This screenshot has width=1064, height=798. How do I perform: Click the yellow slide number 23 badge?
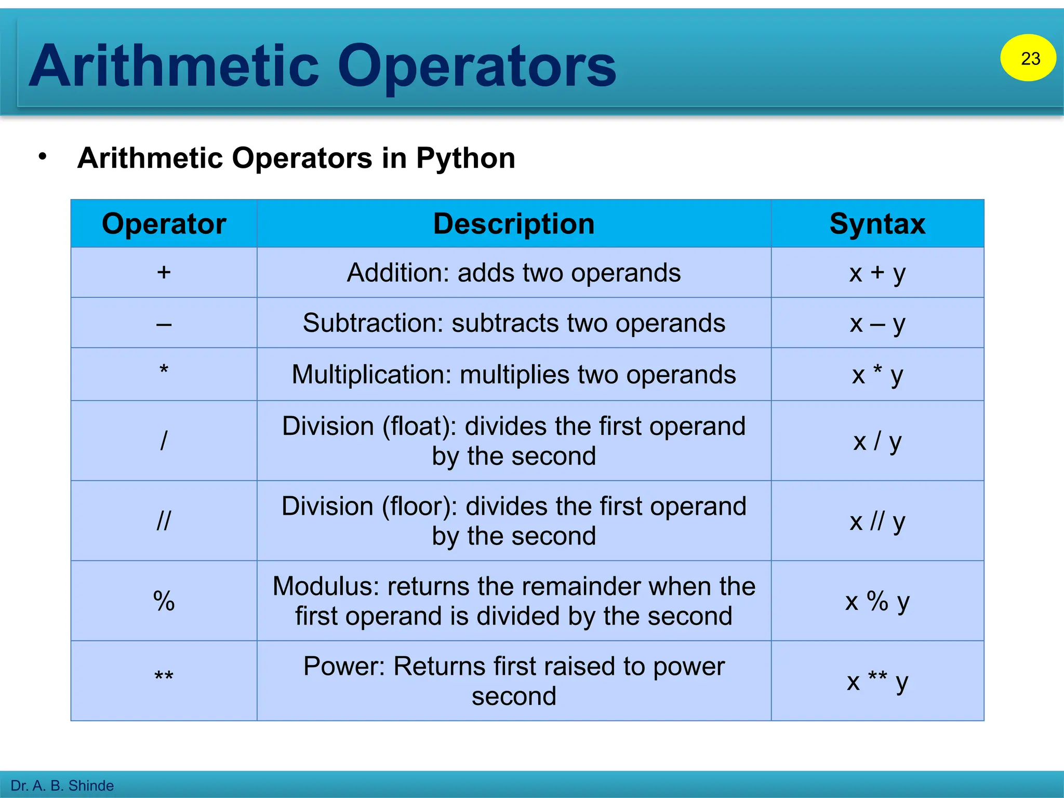(x=1028, y=58)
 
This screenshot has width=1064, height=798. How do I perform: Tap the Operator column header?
(x=164, y=224)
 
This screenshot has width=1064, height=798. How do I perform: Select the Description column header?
(x=514, y=224)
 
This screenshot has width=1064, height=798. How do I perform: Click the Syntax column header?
(x=877, y=224)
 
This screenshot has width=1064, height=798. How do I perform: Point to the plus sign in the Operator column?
(x=164, y=272)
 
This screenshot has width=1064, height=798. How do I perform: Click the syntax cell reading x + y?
(x=877, y=273)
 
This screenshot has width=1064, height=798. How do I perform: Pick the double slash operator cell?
(x=164, y=521)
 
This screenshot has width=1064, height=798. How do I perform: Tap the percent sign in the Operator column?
(x=164, y=601)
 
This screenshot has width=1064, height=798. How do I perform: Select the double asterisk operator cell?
(x=164, y=677)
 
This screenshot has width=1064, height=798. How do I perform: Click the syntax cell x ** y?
(x=877, y=681)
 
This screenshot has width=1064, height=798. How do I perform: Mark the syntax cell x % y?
(x=877, y=601)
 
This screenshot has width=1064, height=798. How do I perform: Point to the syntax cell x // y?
(x=877, y=521)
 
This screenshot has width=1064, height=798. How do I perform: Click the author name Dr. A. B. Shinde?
(x=62, y=786)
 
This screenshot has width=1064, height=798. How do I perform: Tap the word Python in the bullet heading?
(x=465, y=158)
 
